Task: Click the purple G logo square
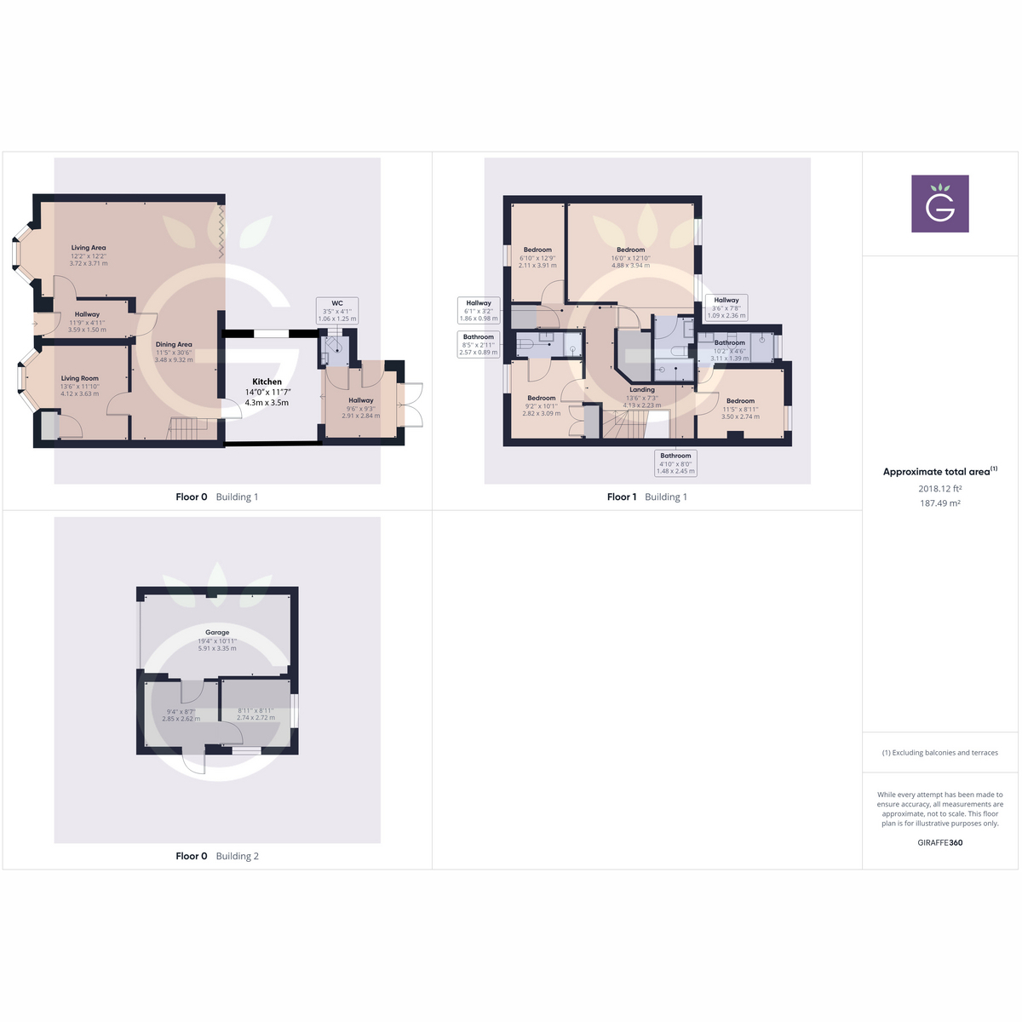coord(939,204)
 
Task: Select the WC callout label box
coord(337,310)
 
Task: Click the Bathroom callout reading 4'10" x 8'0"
coord(675,463)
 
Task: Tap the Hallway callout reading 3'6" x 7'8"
coord(726,307)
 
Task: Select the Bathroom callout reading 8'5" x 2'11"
coord(479,344)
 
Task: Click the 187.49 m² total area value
coord(939,503)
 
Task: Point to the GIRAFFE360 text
coord(939,842)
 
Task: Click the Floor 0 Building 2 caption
coord(217,856)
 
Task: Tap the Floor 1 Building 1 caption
coord(646,497)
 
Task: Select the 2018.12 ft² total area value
coord(939,489)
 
